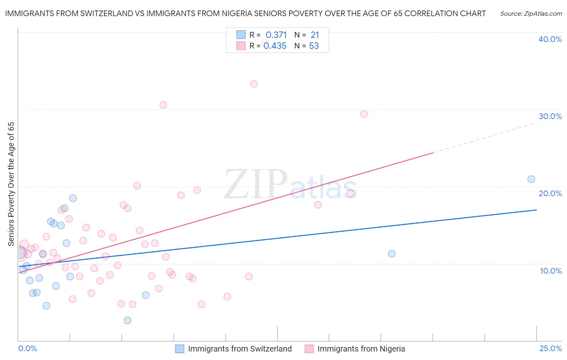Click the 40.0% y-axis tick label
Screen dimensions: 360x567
click(550, 39)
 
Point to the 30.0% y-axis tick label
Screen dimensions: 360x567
click(550, 116)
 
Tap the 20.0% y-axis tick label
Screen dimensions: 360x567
click(550, 193)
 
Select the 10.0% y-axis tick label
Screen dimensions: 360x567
click(551, 271)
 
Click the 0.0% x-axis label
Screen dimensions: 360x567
click(27, 348)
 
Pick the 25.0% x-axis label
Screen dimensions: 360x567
click(550, 348)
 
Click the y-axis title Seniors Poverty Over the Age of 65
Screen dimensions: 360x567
click(11, 184)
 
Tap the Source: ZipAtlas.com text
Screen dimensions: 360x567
click(531, 13)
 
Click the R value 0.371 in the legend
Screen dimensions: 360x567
click(276, 35)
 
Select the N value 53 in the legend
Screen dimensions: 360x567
click(314, 46)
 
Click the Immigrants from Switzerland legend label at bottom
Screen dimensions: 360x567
click(240, 349)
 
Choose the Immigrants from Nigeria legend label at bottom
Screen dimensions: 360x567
click(361, 349)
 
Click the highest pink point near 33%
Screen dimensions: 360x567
click(254, 84)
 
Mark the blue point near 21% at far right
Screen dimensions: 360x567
click(531, 179)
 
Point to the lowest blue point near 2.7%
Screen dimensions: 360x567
click(127, 320)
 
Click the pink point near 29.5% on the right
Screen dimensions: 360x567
click(364, 114)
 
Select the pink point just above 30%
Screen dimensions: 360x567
click(163, 105)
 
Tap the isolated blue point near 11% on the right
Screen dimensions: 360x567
click(392, 254)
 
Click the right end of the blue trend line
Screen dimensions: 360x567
click(536, 210)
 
